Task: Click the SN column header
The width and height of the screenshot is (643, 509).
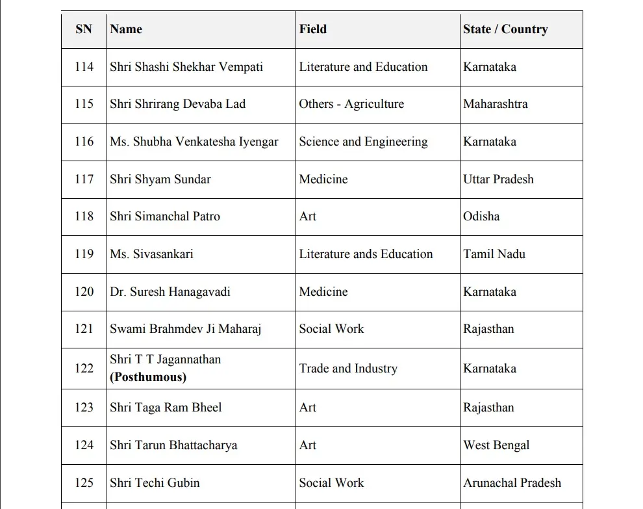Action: click(x=84, y=29)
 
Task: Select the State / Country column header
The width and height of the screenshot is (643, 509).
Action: click(x=505, y=29)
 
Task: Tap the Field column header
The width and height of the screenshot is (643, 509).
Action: click(x=312, y=29)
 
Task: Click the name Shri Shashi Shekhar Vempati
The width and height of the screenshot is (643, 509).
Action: click(x=186, y=67)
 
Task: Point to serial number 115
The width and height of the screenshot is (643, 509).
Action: click(x=84, y=104)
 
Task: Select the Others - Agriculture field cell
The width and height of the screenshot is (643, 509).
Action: click(x=351, y=104)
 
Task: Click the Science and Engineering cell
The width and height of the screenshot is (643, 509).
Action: click(x=363, y=142)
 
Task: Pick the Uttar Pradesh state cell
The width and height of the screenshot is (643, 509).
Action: click(x=498, y=179)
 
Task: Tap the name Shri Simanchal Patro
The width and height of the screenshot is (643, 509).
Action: click(x=165, y=216)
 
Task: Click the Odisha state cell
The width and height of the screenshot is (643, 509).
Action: click(x=481, y=216)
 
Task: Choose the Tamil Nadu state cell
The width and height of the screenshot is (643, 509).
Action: click(x=494, y=254)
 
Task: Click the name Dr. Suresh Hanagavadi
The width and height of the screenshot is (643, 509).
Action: click(x=170, y=292)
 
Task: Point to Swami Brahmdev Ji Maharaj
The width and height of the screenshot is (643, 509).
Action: click(x=185, y=329)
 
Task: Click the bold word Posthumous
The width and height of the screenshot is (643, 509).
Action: click(x=148, y=377)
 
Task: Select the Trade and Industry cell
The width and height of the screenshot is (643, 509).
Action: click(x=348, y=369)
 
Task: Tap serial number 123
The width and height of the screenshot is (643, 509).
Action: click(x=84, y=408)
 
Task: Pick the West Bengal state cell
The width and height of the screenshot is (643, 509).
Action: click(x=496, y=445)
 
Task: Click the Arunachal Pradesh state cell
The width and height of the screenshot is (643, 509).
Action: click(x=512, y=483)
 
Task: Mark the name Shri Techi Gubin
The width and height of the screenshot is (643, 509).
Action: click(x=155, y=483)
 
